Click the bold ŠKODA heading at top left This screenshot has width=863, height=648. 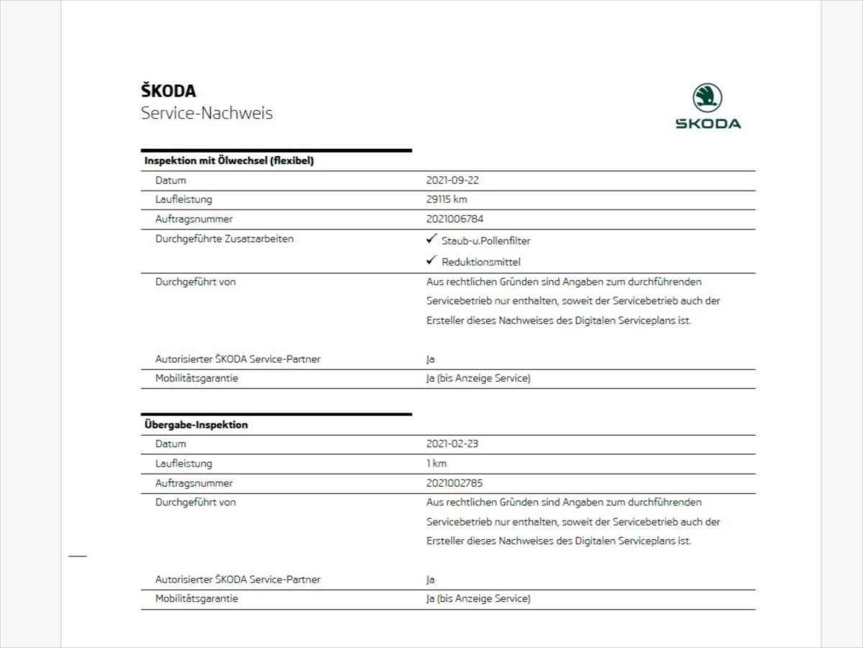pos(168,91)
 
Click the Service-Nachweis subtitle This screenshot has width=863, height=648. pos(206,113)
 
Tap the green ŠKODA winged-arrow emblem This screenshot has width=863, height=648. pos(708,98)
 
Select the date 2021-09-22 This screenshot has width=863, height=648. pos(452,180)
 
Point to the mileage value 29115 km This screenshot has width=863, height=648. pos(446,199)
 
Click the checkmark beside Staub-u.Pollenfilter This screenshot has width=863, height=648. pos(431,239)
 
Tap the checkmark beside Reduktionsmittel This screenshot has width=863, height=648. pos(431,261)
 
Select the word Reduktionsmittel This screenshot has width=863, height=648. pos(480,262)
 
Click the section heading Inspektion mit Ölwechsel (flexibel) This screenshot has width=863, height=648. pos(229,161)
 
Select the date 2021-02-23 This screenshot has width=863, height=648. pos(452,444)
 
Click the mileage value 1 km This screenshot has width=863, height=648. pos(436,464)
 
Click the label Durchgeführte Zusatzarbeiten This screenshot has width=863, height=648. pos(224,239)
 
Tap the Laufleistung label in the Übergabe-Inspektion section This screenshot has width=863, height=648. pos(183,464)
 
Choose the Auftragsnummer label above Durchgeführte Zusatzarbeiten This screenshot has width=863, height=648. pos(193,219)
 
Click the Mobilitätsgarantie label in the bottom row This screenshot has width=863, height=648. pos(196,598)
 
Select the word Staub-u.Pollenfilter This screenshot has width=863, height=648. pos(485,240)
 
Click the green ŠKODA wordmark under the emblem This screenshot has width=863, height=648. pos(708,124)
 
